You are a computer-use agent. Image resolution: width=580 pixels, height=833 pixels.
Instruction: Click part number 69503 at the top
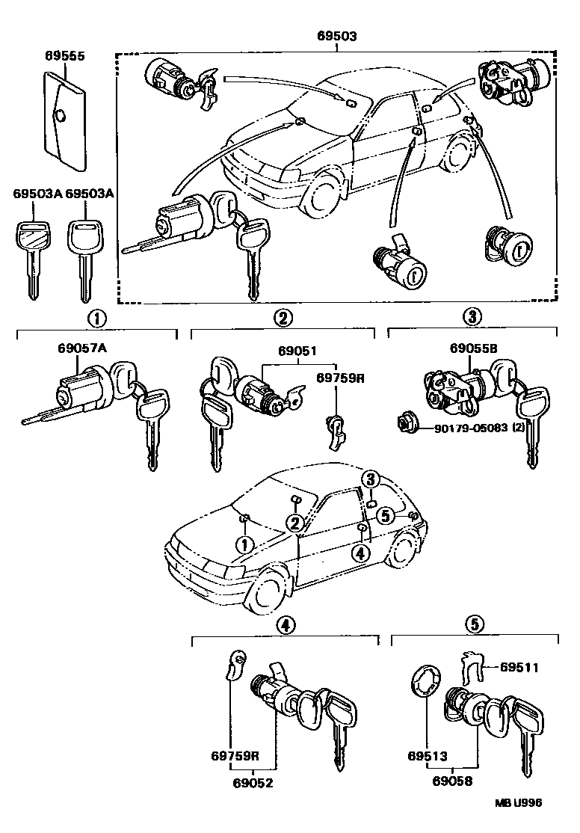(x=336, y=36)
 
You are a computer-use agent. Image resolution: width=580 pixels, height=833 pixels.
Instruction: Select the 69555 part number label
(x=64, y=56)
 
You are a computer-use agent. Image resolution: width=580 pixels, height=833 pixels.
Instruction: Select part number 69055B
(x=473, y=348)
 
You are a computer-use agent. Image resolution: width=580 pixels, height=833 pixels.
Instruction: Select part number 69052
(x=252, y=783)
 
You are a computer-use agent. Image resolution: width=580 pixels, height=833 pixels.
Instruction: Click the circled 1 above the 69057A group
(x=98, y=318)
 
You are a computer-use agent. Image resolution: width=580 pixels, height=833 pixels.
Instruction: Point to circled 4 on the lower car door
(x=360, y=553)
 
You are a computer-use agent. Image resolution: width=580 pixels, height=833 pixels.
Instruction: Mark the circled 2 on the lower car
(x=295, y=522)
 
